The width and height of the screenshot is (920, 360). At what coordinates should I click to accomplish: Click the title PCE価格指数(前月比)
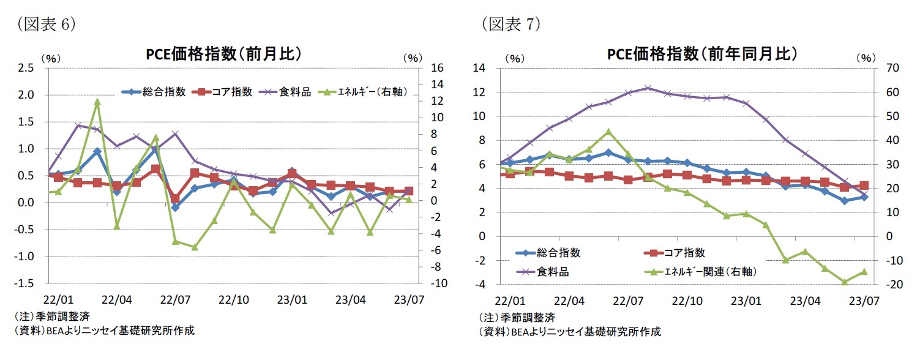coord(223,54)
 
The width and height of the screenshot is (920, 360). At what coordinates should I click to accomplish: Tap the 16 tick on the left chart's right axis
coord(429,68)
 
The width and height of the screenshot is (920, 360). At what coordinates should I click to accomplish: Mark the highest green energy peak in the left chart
coord(97,101)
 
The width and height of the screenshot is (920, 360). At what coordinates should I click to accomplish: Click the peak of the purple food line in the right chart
coord(648,88)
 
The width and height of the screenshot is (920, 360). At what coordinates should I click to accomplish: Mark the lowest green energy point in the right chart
coord(844,282)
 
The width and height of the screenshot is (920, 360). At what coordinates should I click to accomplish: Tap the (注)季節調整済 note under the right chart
coord(517,317)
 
